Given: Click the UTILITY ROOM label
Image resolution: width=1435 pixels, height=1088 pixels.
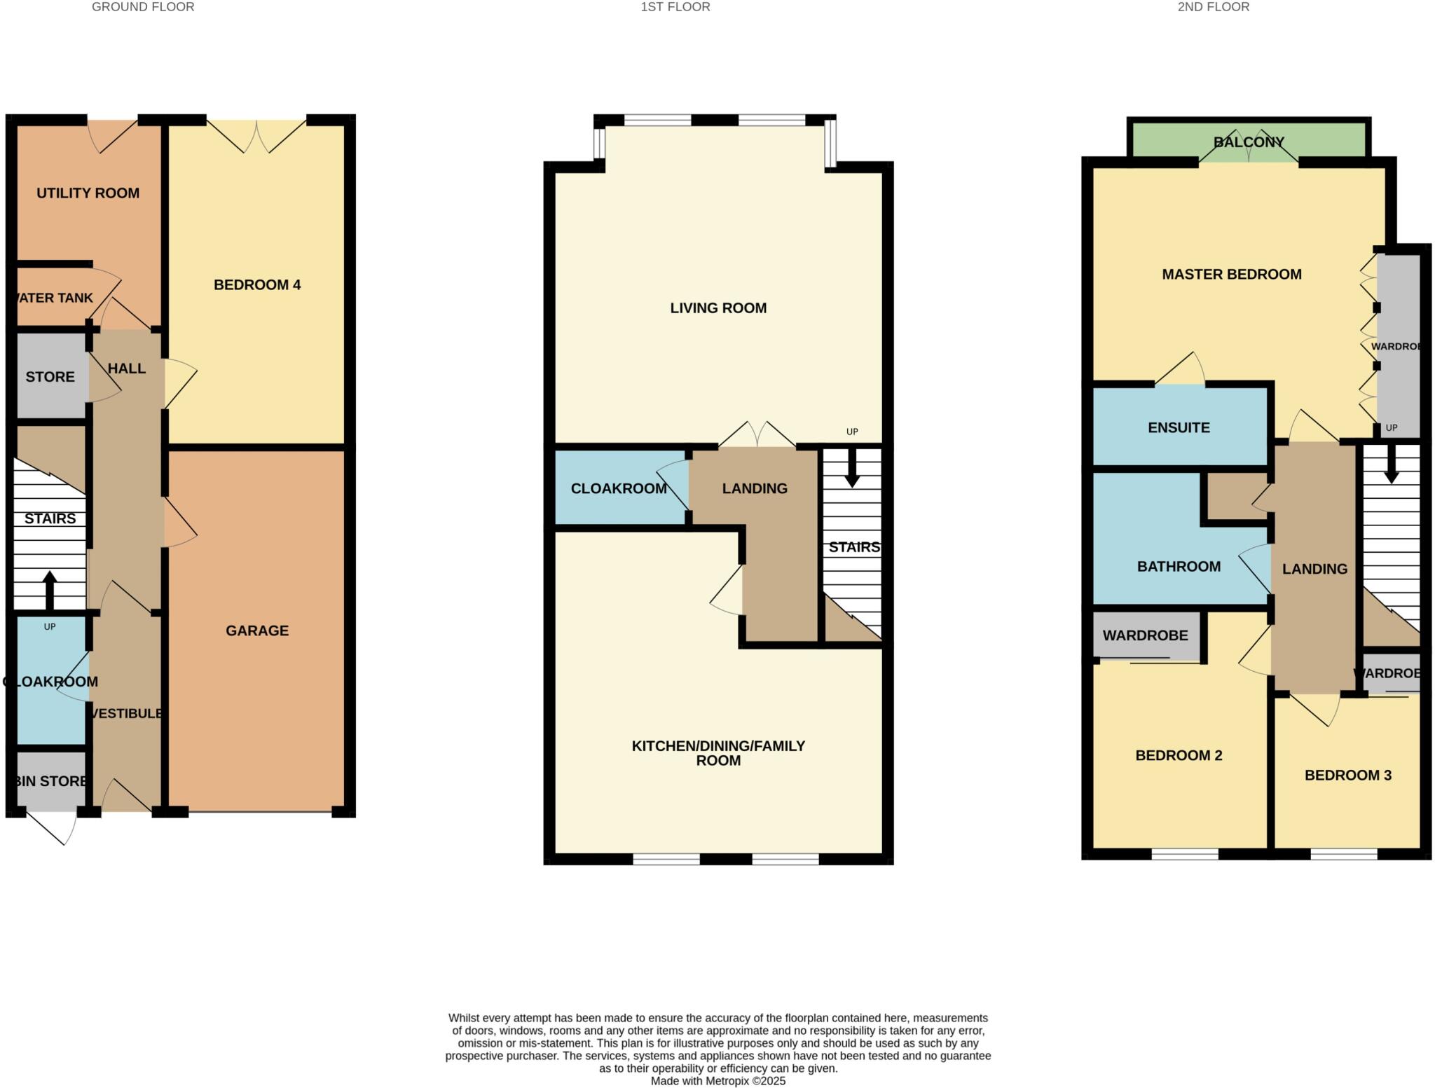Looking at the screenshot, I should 88,193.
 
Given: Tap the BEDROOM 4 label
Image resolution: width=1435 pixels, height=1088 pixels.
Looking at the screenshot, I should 257,285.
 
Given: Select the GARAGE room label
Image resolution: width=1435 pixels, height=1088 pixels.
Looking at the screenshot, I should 257,631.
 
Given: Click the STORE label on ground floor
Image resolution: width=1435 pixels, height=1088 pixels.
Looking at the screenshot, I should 50,377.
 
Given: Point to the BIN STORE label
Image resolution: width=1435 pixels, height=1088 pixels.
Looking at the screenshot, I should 50,781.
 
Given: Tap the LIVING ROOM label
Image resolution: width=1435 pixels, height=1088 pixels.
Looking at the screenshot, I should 718,308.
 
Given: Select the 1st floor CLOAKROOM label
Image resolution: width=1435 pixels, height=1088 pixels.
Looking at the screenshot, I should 619,488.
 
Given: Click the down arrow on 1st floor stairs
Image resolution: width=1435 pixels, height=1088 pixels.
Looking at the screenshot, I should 852,469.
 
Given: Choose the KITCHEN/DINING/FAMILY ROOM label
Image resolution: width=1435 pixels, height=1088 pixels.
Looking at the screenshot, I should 718,753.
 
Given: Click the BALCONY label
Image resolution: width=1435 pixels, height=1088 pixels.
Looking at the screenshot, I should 1249,142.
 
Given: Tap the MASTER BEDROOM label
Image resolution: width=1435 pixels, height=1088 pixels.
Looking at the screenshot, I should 1232,275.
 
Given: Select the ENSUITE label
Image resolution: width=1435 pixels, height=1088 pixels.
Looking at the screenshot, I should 1179,427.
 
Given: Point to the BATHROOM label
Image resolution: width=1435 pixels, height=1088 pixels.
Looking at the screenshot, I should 1179,566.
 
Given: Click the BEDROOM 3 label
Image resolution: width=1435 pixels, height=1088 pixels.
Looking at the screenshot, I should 1347,775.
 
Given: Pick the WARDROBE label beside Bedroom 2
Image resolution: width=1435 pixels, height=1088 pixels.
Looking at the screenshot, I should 1145,635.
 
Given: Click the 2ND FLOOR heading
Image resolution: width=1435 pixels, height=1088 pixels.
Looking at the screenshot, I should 1213,7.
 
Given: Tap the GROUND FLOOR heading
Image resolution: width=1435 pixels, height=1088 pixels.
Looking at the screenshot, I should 143,7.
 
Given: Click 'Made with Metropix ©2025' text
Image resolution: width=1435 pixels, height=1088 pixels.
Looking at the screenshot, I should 718,1081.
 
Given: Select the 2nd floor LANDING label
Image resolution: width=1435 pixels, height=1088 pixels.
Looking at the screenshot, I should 1314,569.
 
